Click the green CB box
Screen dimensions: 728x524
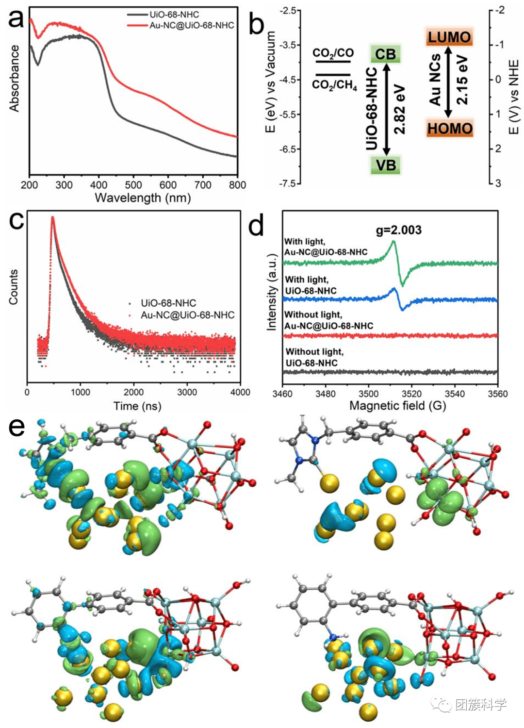[385, 54]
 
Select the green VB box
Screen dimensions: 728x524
[386, 165]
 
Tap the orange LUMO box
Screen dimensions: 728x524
[449, 37]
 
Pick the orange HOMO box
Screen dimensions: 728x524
[449, 129]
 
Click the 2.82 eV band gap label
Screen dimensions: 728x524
[399, 109]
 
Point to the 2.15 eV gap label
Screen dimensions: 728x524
[462, 80]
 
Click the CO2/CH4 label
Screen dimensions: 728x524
[334, 85]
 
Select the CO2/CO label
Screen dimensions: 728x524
[333, 53]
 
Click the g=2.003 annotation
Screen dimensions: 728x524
[399, 230]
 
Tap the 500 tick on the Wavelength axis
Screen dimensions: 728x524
[133, 185]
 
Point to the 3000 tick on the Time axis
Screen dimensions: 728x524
[187, 392]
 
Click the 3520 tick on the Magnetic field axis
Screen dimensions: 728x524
[411, 394]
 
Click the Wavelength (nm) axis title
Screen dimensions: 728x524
[143, 198]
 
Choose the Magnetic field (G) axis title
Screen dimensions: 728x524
[397, 406]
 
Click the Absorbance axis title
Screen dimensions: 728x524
[14, 79]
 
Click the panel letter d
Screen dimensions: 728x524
[256, 226]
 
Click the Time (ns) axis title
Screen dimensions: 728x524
[137, 406]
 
